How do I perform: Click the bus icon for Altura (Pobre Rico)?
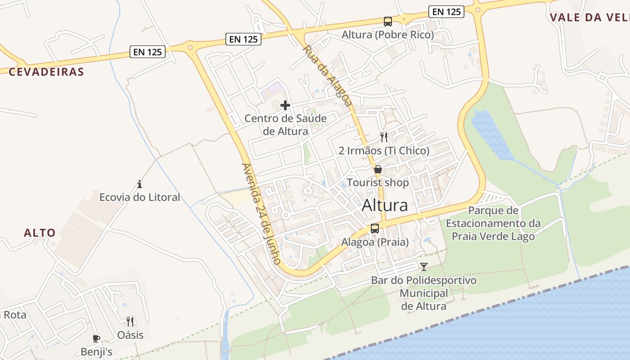387,21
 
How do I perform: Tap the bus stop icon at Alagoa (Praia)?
375,229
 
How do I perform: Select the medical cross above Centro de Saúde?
285,105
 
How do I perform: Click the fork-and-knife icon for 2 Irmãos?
384,137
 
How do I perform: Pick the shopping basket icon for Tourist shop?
378,170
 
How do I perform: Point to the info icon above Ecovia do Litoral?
139,184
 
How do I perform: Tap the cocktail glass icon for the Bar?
423,267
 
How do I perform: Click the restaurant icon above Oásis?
130,321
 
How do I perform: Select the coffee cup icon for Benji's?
96,338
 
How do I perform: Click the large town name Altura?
385,205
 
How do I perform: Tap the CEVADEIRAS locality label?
46,72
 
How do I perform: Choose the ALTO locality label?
40,233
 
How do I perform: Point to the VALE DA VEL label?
589,17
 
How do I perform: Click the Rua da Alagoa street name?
327,75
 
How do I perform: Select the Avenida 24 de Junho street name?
261,213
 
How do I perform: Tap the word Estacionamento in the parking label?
493,223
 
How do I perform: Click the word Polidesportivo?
441,280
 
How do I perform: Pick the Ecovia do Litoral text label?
139,197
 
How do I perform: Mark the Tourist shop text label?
378,183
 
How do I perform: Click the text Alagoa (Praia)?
375,242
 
